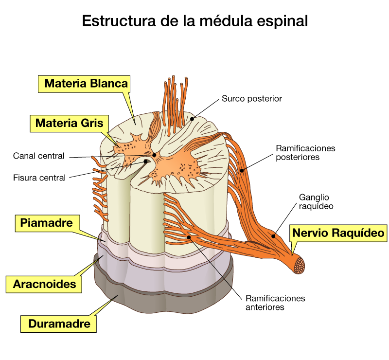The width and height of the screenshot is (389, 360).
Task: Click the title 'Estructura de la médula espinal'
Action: pos(195,21)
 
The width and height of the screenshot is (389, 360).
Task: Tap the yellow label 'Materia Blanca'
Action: pos(84,84)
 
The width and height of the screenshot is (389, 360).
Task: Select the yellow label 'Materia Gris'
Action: pos(69,124)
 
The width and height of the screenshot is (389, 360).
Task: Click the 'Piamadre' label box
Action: pos(47,223)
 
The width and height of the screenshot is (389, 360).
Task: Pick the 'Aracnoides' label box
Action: pos(44,284)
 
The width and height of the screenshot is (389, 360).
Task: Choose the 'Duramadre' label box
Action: pos(58,324)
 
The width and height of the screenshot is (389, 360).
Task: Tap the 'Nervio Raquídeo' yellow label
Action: pos(338,233)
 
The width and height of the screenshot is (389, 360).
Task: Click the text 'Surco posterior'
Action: pos(252,99)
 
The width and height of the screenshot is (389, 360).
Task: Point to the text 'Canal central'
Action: pos(39,156)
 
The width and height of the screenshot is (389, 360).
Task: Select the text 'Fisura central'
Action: pos(39,178)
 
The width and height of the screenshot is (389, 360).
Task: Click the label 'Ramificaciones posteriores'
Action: pos(305,153)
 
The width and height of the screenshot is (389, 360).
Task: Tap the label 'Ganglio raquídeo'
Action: pos(316,201)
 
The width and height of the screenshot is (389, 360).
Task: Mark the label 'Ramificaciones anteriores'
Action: pos(275,303)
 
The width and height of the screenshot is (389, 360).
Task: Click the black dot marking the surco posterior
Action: pos(192,119)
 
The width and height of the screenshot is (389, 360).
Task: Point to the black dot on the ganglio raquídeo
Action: pos(273,236)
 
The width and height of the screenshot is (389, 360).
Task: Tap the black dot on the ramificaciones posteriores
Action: pos(242,171)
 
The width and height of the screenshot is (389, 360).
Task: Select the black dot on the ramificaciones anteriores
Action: pos(189,237)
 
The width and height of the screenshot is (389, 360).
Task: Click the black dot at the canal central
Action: pos(154,155)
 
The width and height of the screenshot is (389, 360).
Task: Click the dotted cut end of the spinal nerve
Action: pos(299,266)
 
